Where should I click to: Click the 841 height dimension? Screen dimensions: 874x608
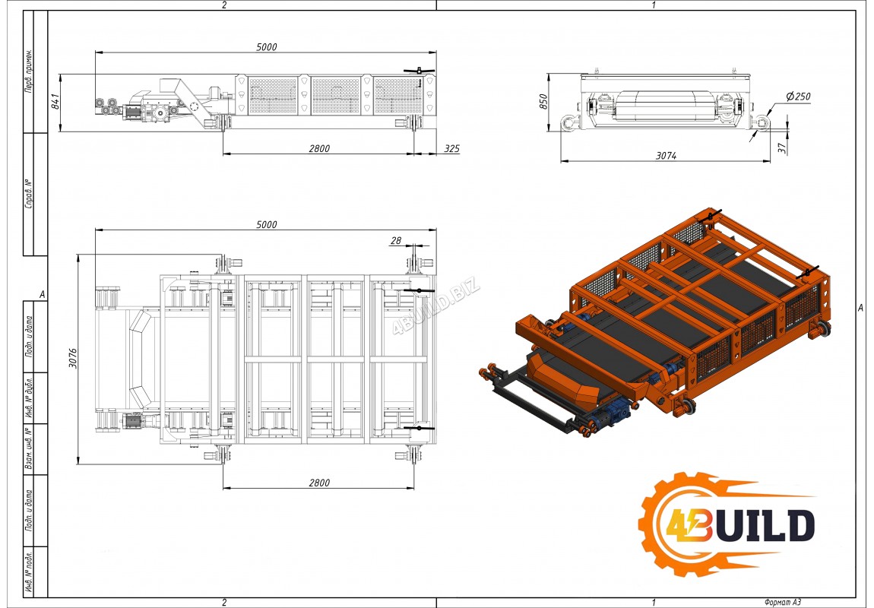coord(55,101)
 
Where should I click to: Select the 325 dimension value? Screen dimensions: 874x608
coord(452,148)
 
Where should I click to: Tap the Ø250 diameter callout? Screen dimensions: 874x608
coord(798,97)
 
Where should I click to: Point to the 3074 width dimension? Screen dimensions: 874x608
coord(666,156)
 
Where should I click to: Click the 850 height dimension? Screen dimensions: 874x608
coord(544,101)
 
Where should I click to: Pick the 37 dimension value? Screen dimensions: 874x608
coord(782,147)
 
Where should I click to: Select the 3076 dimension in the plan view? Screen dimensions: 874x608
coord(73,358)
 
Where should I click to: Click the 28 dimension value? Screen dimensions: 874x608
coord(396,241)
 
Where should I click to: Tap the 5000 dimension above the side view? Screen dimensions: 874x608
coord(267,47)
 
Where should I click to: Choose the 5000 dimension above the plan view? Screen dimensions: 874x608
coord(267,225)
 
